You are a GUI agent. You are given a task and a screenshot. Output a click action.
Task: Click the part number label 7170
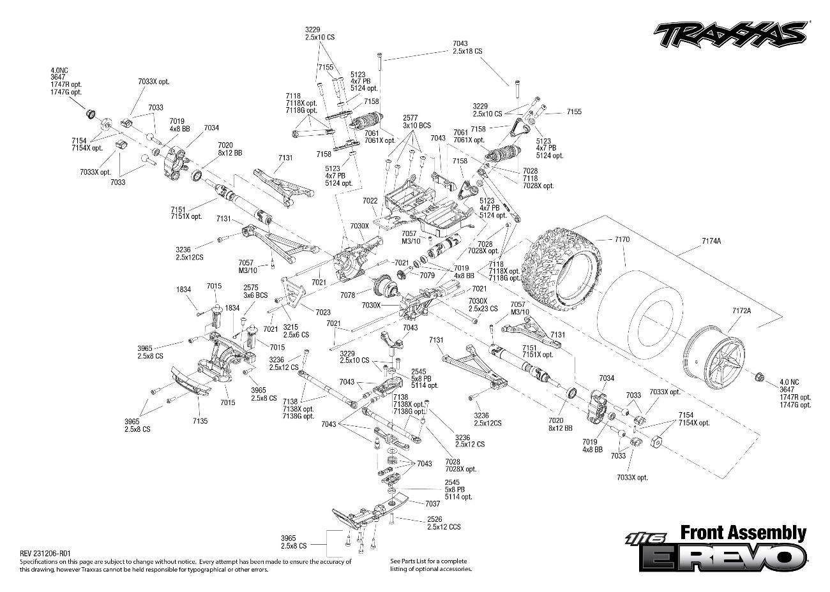pos(622,239)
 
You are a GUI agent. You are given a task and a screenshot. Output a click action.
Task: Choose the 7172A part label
pos(741,311)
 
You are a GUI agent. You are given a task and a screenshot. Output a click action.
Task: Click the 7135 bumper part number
pos(199,420)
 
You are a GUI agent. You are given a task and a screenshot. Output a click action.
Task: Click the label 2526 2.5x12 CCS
pos(444,523)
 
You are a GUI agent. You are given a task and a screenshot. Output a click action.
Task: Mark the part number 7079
pos(427,275)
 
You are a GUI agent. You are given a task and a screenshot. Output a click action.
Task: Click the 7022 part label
pos(370,200)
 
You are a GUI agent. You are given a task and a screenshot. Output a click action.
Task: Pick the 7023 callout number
pos(323,312)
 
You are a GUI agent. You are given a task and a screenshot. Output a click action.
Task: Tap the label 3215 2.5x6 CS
pos(296,330)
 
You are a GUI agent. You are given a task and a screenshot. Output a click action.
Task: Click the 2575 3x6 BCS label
pos(251,292)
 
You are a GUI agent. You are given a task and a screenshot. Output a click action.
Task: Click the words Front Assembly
pos(743,533)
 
